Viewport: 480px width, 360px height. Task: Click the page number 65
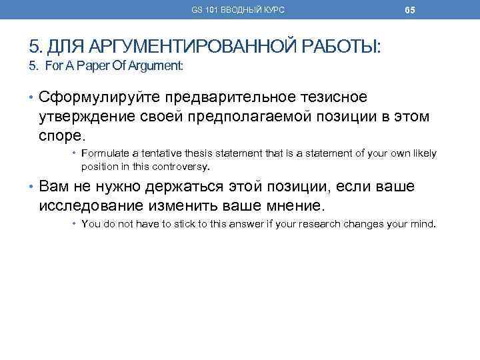(410, 10)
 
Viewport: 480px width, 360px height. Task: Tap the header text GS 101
(203, 10)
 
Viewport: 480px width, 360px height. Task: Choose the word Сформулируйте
(89, 97)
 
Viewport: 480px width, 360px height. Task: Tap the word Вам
(54, 186)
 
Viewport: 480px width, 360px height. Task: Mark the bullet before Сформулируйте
(32, 98)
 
